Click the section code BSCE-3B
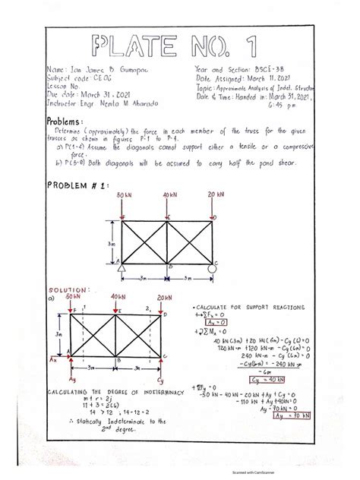282,69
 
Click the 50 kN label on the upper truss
125,197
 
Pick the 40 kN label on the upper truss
168,197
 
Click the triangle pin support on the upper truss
120,264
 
